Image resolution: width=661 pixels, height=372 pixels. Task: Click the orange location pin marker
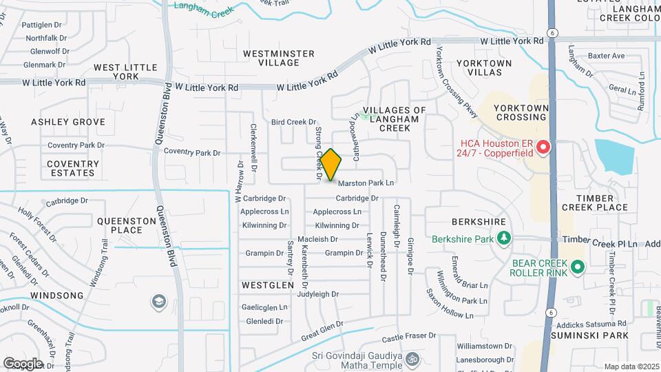point(331,165)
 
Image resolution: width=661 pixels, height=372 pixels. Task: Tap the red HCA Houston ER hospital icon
point(543,147)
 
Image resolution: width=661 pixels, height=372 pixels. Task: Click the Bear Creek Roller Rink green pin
point(578,267)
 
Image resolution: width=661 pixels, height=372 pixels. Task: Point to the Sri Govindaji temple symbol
point(412,359)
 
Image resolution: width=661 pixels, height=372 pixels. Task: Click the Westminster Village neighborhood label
point(279,58)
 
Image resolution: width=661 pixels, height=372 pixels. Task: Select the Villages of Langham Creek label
point(395,119)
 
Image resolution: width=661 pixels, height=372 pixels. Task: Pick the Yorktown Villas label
point(484,68)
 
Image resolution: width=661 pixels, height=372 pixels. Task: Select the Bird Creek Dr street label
point(293,122)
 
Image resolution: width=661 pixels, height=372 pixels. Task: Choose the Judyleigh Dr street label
point(318,294)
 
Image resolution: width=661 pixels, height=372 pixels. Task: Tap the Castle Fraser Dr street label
point(410,338)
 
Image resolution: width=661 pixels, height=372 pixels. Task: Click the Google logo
point(23,363)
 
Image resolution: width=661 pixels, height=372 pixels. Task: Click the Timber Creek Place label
point(595,201)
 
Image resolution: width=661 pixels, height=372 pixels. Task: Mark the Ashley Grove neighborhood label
point(68,122)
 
